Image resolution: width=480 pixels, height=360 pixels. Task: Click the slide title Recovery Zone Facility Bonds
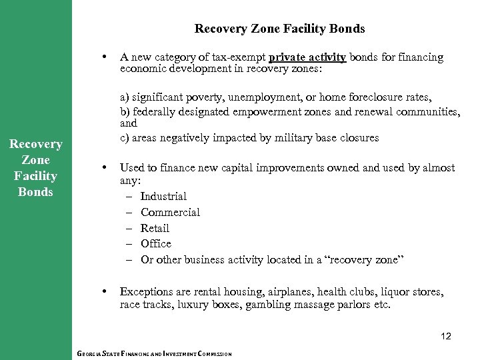tap(279, 29)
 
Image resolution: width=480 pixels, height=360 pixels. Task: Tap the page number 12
tap(445, 337)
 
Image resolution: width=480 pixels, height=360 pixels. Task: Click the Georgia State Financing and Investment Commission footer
tap(154, 354)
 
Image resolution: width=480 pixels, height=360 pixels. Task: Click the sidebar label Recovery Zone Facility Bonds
tap(36, 168)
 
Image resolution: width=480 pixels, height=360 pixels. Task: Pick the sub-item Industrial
tap(163, 196)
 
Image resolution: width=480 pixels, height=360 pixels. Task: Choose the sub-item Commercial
tap(170, 212)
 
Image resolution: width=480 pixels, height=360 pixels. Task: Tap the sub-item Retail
tap(155, 228)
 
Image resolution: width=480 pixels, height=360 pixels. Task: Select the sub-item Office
tap(156, 244)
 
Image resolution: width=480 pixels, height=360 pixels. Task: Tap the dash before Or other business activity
tap(129, 260)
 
